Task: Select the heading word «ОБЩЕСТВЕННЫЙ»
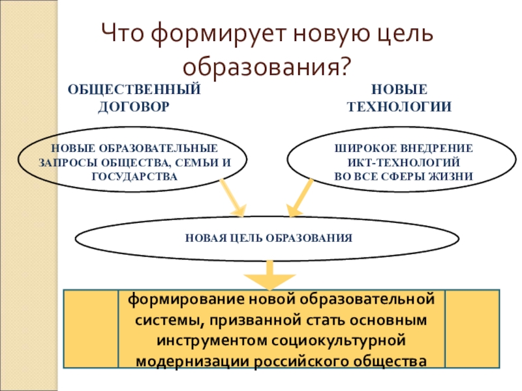pyautogui.click(x=134, y=90)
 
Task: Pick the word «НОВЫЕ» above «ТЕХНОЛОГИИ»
pyautogui.click(x=399, y=90)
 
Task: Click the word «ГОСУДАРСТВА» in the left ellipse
pyautogui.click(x=134, y=177)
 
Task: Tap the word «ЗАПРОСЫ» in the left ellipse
pyautogui.click(x=64, y=162)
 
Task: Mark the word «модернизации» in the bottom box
pyautogui.click(x=180, y=360)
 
